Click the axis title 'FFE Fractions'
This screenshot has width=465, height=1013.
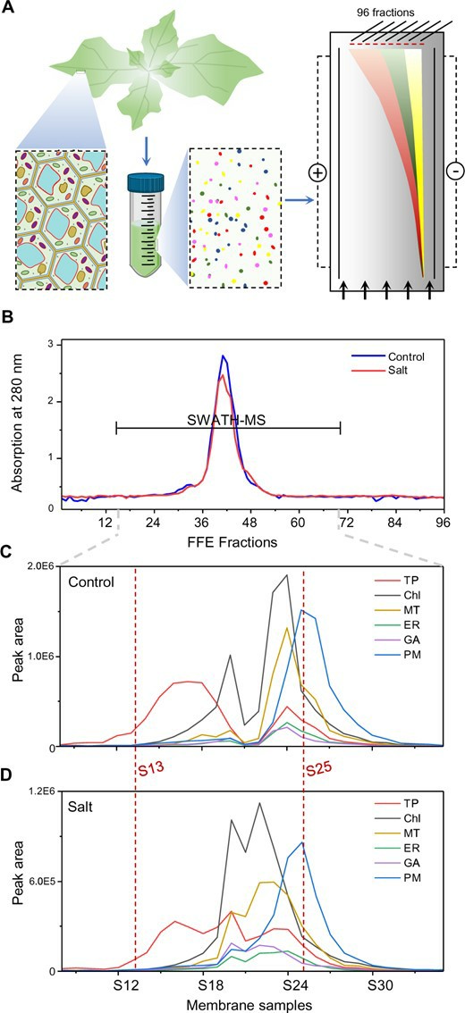pyautogui.click(x=251, y=540)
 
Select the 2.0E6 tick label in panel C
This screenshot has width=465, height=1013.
pyautogui.click(x=39, y=565)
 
